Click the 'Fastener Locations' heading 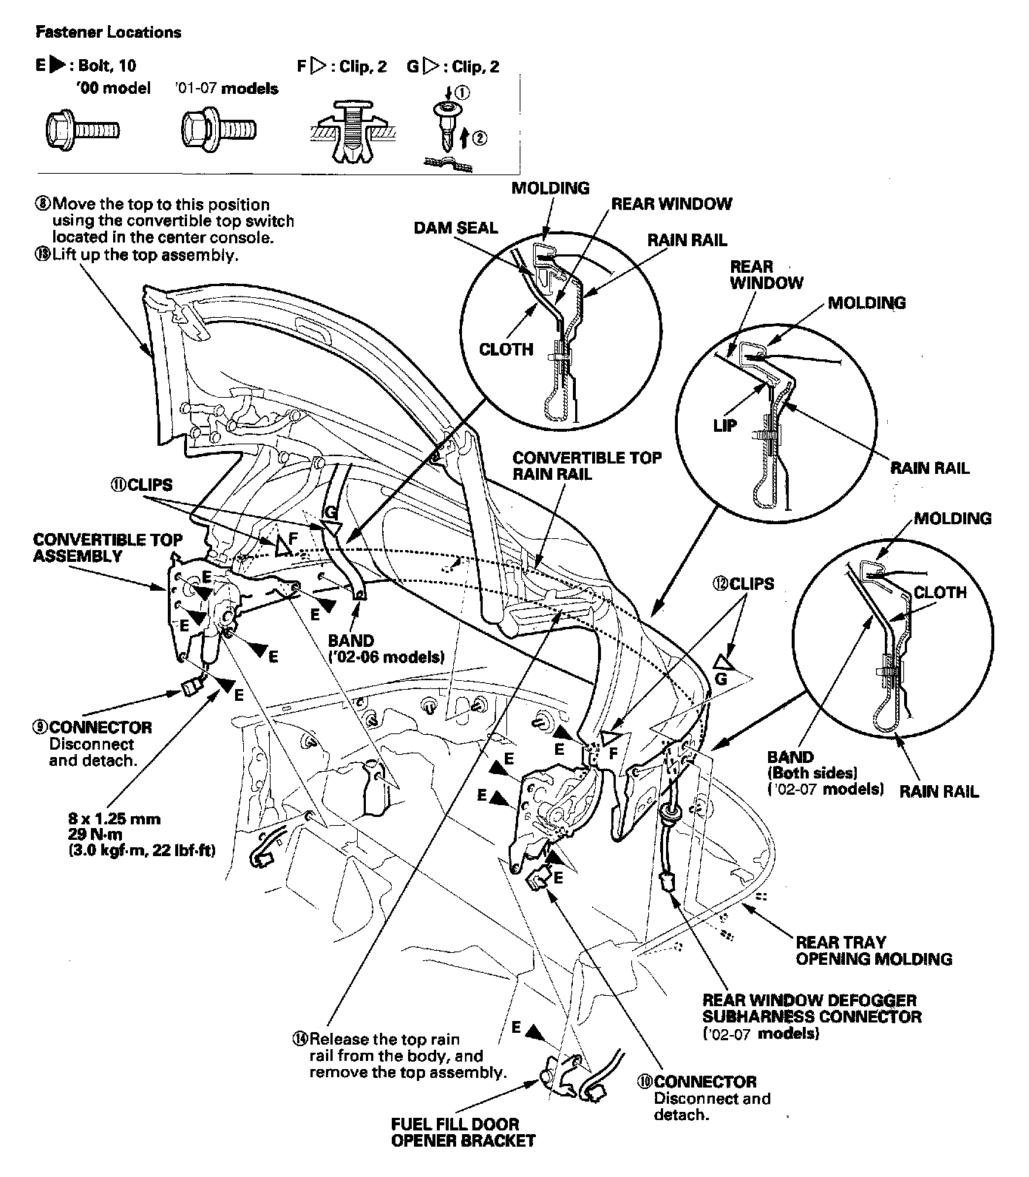(108, 33)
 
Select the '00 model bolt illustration (83, 132)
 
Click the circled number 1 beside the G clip (461, 92)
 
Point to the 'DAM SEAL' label (455, 228)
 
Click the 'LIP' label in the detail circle (725, 426)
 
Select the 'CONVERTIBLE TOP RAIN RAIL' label (587, 466)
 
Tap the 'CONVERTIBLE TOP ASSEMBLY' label (108, 547)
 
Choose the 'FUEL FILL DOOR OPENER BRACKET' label (463, 1133)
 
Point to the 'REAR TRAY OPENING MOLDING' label (873, 951)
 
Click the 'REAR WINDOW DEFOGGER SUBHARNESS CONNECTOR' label (812, 1008)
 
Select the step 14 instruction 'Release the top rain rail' (399, 1055)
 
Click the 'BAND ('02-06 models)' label (385, 648)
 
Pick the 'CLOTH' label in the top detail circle (506, 349)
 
